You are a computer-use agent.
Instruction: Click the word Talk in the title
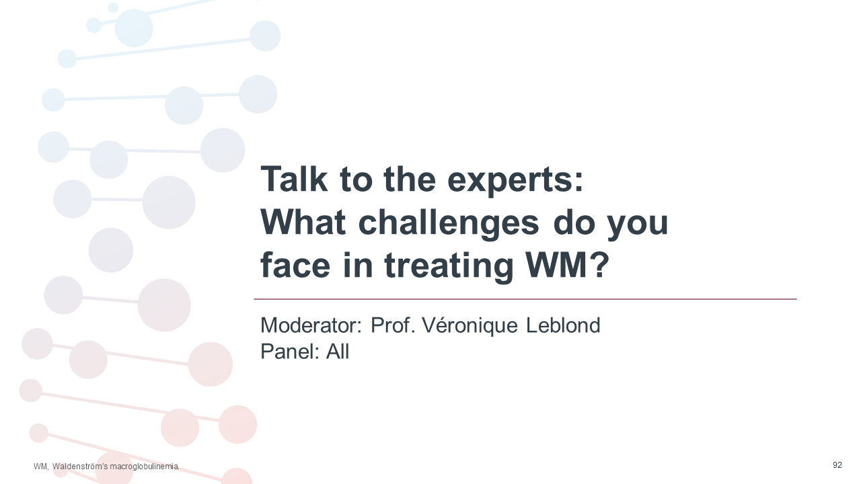point(294,179)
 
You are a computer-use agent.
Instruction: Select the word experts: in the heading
point(515,182)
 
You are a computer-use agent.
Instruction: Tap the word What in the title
point(303,222)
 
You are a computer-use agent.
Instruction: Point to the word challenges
point(449,225)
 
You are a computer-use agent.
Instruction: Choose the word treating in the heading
point(449,268)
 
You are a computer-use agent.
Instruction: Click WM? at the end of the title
point(567,265)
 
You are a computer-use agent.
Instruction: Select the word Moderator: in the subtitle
point(311,325)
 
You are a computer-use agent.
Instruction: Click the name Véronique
point(470,326)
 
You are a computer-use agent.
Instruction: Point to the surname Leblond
point(563,325)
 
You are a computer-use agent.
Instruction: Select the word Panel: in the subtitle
point(290,352)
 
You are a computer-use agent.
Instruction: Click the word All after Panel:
point(338,352)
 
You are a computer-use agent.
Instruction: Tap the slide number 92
point(837,465)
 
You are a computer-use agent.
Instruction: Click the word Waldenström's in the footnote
point(80,467)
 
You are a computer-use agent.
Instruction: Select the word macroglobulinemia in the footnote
point(145,467)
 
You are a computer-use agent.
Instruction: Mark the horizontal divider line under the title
point(525,299)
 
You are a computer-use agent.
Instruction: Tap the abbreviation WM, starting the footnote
point(41,467)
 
